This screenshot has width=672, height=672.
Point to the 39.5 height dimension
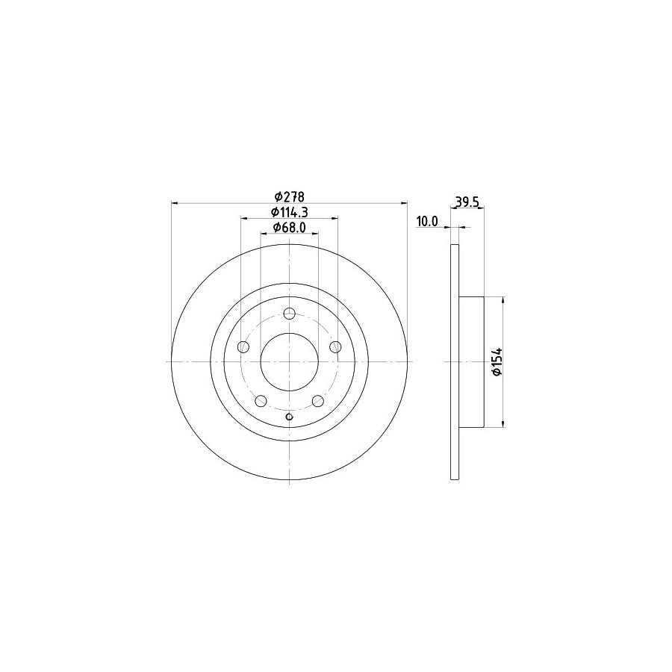[x=466, y=201]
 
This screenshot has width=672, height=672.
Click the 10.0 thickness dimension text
[x=427, y=222]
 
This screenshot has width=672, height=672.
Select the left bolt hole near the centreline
[x=243, y=347]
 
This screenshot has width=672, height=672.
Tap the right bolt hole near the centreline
[x=336, y=347]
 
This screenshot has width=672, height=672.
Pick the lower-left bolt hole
[x=261, y=401]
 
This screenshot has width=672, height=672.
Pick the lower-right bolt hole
[x=318, y=401]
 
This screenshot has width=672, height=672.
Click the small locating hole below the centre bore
[x=290, y=416]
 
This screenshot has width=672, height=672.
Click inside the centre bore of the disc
[x=290, y=361]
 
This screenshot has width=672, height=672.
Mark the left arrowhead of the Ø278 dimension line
[x=175, y=202]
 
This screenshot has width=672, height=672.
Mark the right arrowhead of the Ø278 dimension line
[x=405, y=202]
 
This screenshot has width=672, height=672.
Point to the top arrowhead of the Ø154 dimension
[x=502, y=299]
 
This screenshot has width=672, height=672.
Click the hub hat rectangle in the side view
[x=470, y=361]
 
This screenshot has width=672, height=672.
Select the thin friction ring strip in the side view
[x=454, y=361]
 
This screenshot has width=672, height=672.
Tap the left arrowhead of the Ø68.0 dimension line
[x=263, y=234]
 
